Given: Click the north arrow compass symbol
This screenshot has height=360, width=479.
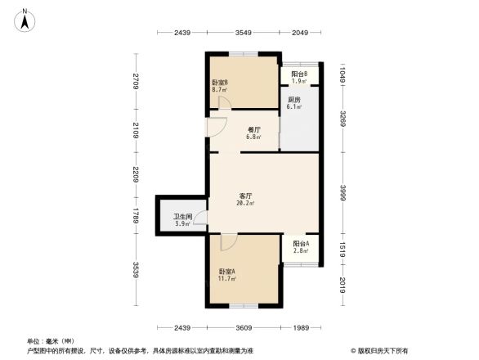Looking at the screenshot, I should click(x=25, y=19).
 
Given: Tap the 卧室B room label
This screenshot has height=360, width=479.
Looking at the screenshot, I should click(x=220, y=83).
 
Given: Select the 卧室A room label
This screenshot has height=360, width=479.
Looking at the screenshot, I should click(x=226, y=272).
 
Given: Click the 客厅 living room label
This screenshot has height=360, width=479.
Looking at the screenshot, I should click(x=244, y=196).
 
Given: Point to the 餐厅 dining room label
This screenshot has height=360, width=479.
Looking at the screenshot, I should click(x=254, y=129).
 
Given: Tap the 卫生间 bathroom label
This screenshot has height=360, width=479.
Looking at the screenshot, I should click(x=181, y=217).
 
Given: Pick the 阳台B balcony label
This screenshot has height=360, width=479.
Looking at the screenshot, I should click(x=299, y=74).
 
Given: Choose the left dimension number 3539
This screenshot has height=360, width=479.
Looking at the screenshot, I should click(x=138, y=269).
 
